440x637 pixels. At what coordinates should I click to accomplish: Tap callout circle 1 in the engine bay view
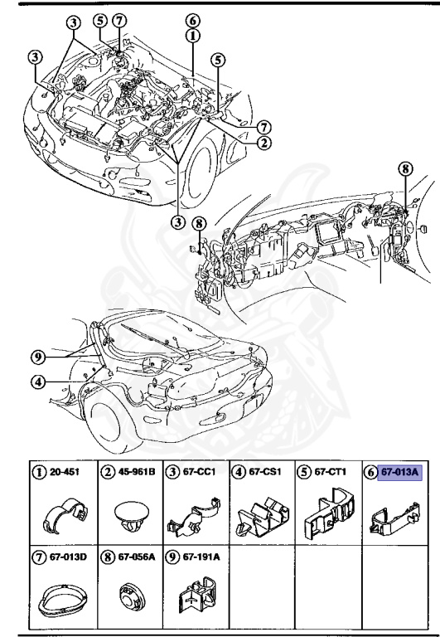[x=192, y=36]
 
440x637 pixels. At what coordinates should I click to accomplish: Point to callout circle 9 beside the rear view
[x=37, y=358]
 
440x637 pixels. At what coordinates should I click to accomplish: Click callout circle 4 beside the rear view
[x=37, y=382]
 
